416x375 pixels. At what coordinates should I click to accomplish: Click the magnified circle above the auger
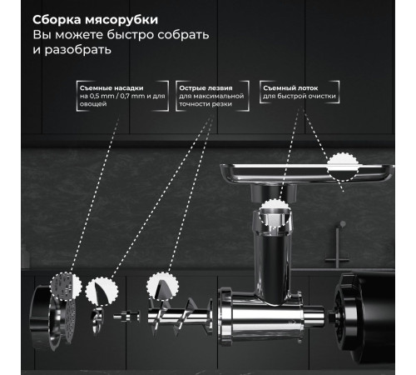point(161,287)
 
